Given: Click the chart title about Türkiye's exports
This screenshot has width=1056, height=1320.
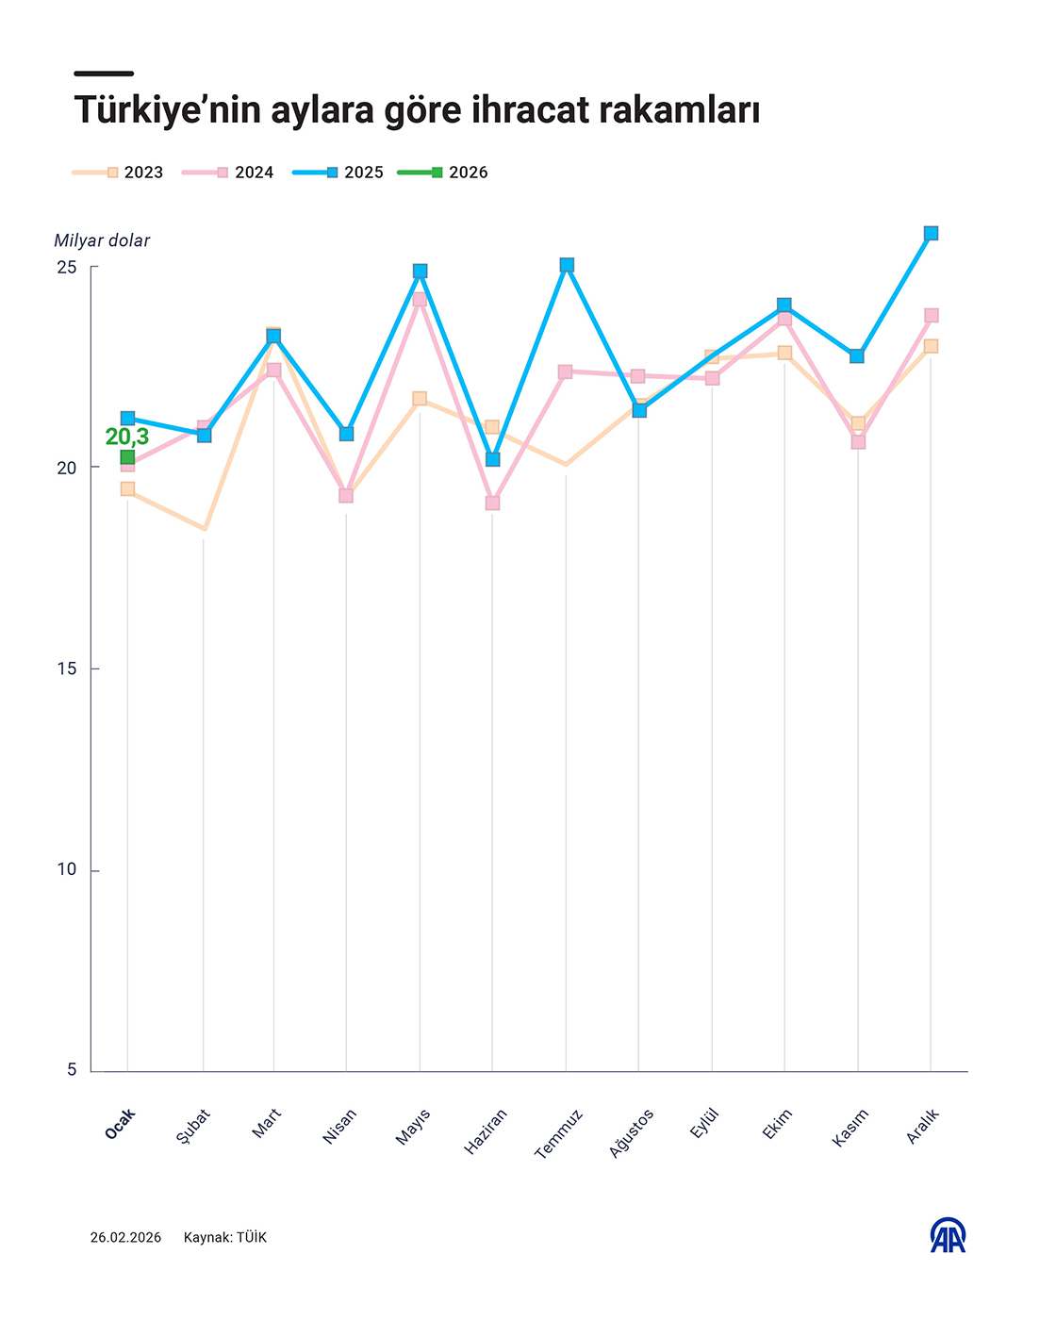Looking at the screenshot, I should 417,110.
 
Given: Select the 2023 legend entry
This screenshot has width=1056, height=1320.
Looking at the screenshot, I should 119,173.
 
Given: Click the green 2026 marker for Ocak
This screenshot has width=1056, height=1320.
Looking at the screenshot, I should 127,458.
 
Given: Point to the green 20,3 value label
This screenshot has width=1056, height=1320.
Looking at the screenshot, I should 127,437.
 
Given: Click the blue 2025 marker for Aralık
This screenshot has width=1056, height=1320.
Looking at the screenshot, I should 931,234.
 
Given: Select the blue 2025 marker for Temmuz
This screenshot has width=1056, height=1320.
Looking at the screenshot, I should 567,266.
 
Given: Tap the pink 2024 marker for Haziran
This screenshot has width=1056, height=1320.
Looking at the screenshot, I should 493,503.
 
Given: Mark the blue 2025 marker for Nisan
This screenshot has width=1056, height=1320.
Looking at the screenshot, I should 346,434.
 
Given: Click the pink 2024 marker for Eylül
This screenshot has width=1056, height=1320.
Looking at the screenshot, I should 712,378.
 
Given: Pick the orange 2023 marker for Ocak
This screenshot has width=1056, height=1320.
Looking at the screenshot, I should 127,489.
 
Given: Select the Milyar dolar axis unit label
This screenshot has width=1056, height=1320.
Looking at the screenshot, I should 102,240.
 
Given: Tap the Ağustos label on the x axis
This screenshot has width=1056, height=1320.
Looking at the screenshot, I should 632,1133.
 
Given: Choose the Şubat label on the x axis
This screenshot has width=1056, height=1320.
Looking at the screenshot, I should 193,1127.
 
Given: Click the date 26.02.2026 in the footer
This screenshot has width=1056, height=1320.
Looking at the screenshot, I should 125,1237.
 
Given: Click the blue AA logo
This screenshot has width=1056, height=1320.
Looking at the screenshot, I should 948,1236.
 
